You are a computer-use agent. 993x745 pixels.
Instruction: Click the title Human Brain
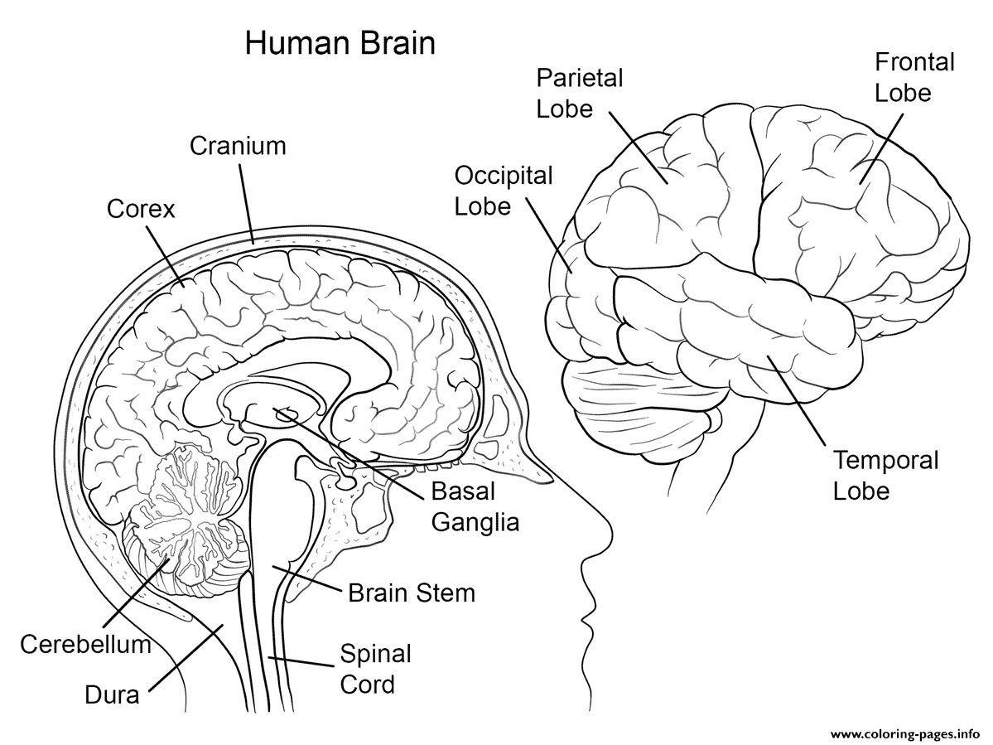(340, 44)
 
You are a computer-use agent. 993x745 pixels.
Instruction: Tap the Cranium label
(239, 146)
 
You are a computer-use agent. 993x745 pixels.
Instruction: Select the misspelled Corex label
(141, 209)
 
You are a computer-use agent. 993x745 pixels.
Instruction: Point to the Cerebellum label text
(85, 644)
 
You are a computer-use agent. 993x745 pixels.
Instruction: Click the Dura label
(112, 695)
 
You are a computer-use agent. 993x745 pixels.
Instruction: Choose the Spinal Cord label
(375, 669)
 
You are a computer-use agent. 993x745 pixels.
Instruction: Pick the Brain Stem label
(412, 593)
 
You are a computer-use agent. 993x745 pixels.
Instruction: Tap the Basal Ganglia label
(475, 507)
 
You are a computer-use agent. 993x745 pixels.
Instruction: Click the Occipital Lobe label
(504, 191)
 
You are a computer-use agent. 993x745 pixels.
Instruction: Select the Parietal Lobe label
(580, 93)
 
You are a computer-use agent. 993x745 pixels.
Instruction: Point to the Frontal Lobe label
(914, 77)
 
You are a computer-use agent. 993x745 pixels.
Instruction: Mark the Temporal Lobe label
(885, 475)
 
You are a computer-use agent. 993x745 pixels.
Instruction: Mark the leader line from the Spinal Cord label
(301, 661)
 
